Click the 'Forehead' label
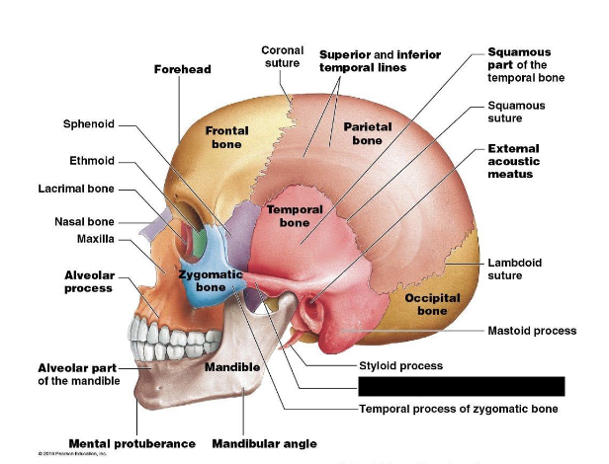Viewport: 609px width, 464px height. point(182,69)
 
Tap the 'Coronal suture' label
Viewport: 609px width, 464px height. point(282,56)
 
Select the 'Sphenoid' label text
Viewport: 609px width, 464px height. point(89,124)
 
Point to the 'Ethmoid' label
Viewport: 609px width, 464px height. point(92,160)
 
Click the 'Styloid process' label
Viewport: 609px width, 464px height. point(399,366)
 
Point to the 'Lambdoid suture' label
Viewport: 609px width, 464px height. point(515,270)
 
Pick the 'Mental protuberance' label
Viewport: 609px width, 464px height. point(131,443)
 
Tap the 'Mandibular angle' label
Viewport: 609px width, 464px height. point(264,443)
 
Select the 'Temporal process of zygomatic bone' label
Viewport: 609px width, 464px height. point(458,408)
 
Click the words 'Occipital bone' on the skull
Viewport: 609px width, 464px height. point(431,304)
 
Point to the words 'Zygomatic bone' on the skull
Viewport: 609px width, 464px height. point(211,280)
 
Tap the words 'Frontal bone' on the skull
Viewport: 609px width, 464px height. point(226,137)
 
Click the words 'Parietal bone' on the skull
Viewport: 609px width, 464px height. point(367,133)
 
